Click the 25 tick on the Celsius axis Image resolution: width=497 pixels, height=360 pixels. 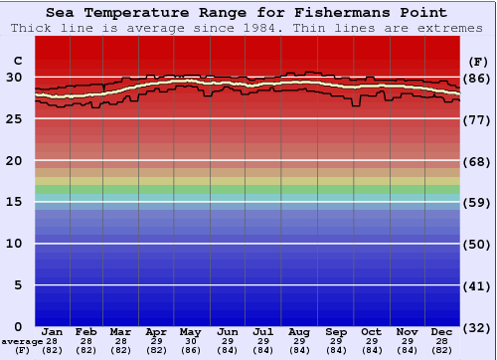point(15,118)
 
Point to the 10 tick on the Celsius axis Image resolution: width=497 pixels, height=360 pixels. point(15,243)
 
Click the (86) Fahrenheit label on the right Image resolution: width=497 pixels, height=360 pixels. point(477,78)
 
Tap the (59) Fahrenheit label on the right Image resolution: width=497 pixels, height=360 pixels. point(477,203)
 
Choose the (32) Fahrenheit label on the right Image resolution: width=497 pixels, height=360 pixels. point(477,327)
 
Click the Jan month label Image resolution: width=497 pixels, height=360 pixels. point(54,331)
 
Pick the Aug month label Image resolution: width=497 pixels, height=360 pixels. point(299,331)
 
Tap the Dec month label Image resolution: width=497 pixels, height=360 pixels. point(443,331)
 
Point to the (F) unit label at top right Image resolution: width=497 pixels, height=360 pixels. point(477,62)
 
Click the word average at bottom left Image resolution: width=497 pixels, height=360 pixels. point(22,341)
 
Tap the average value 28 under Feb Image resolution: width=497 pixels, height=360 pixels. point(86,341)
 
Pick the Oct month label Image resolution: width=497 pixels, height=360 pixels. point(371,331)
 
